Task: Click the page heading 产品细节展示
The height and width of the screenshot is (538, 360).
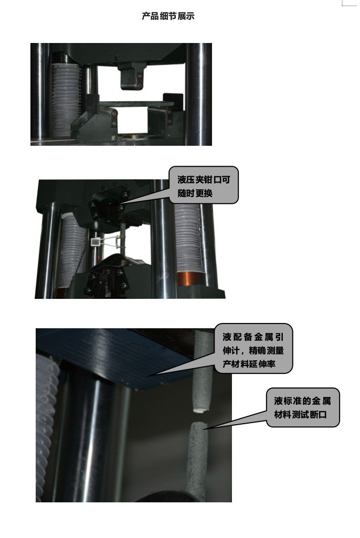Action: coord(168,16)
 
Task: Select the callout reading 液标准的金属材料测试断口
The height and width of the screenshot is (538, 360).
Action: coord(302,407)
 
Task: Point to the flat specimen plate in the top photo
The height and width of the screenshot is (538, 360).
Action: coord(137,104)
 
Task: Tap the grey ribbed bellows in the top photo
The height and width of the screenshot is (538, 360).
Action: coord(64,97)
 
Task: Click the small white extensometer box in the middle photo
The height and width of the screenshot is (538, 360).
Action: coord(96,242)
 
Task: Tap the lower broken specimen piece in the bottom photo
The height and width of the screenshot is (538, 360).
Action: coord(197,456)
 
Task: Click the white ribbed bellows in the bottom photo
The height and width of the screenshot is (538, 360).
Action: coord(46,419)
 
